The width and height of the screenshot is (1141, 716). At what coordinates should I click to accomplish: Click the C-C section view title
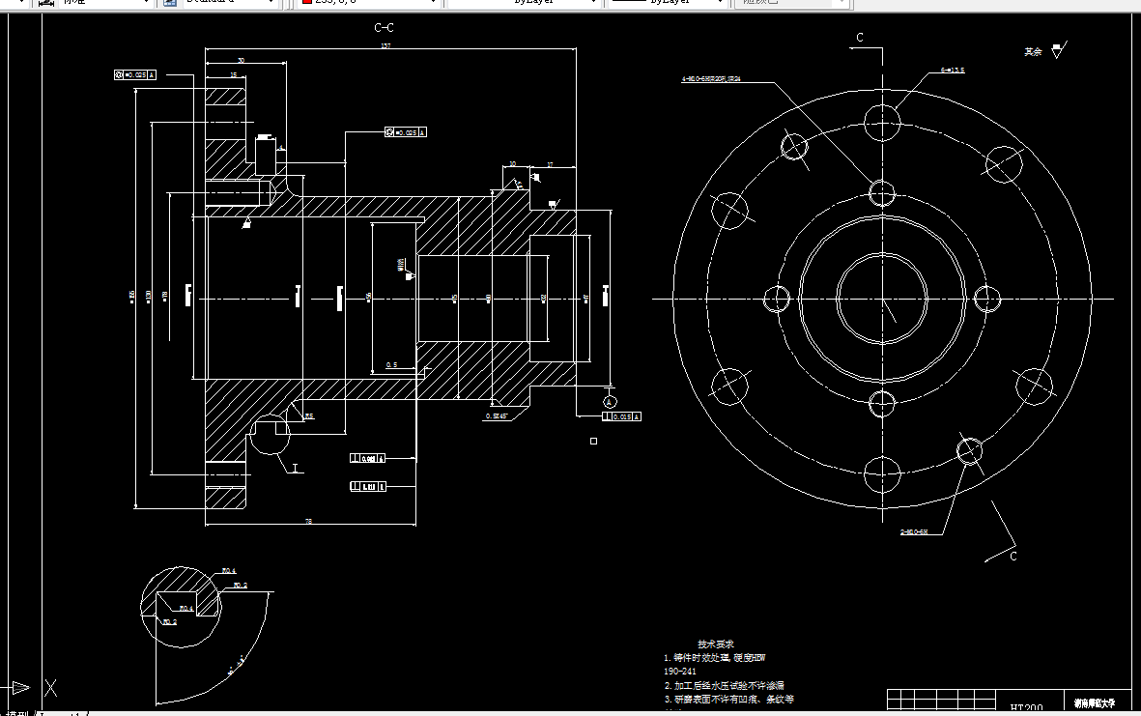pyautogui.click(x=384, y=28)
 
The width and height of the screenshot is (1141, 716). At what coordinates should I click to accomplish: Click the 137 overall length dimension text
pyautogui.click(x=386, y=46)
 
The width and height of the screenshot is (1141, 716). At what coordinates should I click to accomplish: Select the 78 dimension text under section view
pyautogui.click(x=309, y=521)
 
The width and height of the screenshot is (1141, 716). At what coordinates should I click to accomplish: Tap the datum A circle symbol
pyautogui.click(x=610, y=400)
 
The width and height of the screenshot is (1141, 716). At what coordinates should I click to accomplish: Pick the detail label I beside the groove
pyautogui.click(x=295, y=468)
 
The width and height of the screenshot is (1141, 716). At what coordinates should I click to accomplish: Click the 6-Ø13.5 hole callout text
pyautogui.click(x=953, y=71)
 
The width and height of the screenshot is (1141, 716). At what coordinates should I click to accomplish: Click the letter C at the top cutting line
pyautogui.click(x=860, y=39)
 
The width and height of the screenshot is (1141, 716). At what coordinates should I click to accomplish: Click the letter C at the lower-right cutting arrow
pyautogui.click(x=1013, y=557)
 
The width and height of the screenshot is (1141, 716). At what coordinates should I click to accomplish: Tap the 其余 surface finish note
pyautogui.click(x=1034, y=52)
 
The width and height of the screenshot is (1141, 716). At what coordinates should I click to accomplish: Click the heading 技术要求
pyautogui.click(x=716, y=644)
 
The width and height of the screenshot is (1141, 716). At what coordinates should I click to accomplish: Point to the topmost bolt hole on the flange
pyautogui.click(x=883, y=122)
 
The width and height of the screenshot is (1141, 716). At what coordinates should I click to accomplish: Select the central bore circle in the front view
pyautogui.click(x=883, y=298)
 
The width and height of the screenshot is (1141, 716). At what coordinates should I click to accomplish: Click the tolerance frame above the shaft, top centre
pyautogui.click(x=405, y=131)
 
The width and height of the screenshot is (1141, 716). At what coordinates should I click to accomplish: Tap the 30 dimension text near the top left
pyautogui.click(x=241, y=61)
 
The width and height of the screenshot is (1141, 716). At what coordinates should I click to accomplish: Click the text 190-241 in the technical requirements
pyautogui.click(x=680, y=671)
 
